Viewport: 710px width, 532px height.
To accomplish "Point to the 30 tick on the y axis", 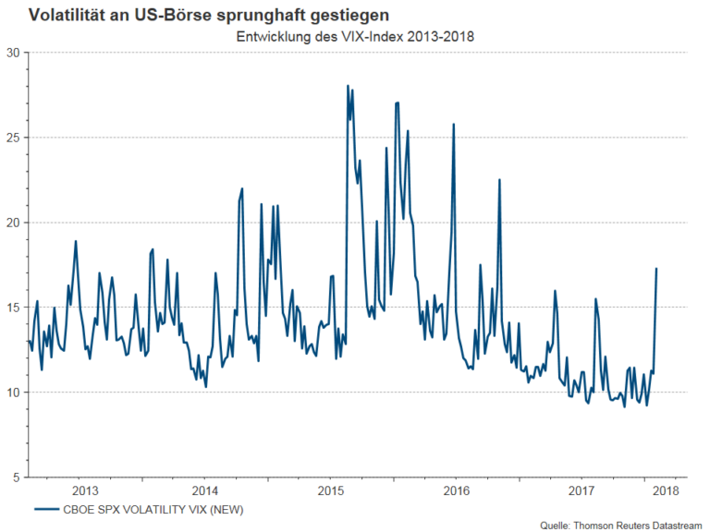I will pyautogui.click(x=13, y=52).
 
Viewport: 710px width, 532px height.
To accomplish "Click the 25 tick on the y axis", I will pyautogui.click(x=13, y=137).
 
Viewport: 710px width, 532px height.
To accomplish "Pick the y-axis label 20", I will pyautogui.click(x=13, y=222).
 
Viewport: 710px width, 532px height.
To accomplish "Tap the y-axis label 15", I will pyautogui.click(x=13, y=308).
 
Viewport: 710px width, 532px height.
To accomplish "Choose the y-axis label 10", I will pyautogui.click(x=13, y=393).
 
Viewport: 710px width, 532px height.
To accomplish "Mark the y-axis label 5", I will pyautogui.click(x=16, y=478).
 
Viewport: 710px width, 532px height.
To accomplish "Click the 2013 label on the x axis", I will pyautogui.click(x=85, y=490).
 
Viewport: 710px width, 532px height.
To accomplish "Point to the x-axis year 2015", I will pyautogui.click(x=332, y=490).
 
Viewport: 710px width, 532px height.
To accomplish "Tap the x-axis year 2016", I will pyautogui.click(x=457, y=490).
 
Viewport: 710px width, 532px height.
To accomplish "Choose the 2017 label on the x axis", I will pyautogui.click(x=581, y=490).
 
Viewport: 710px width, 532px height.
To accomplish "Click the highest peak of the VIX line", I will pyautogui.click(x=348, y=86).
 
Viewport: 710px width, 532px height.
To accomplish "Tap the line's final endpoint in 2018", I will pyautogui.click(x=656, y=269).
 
